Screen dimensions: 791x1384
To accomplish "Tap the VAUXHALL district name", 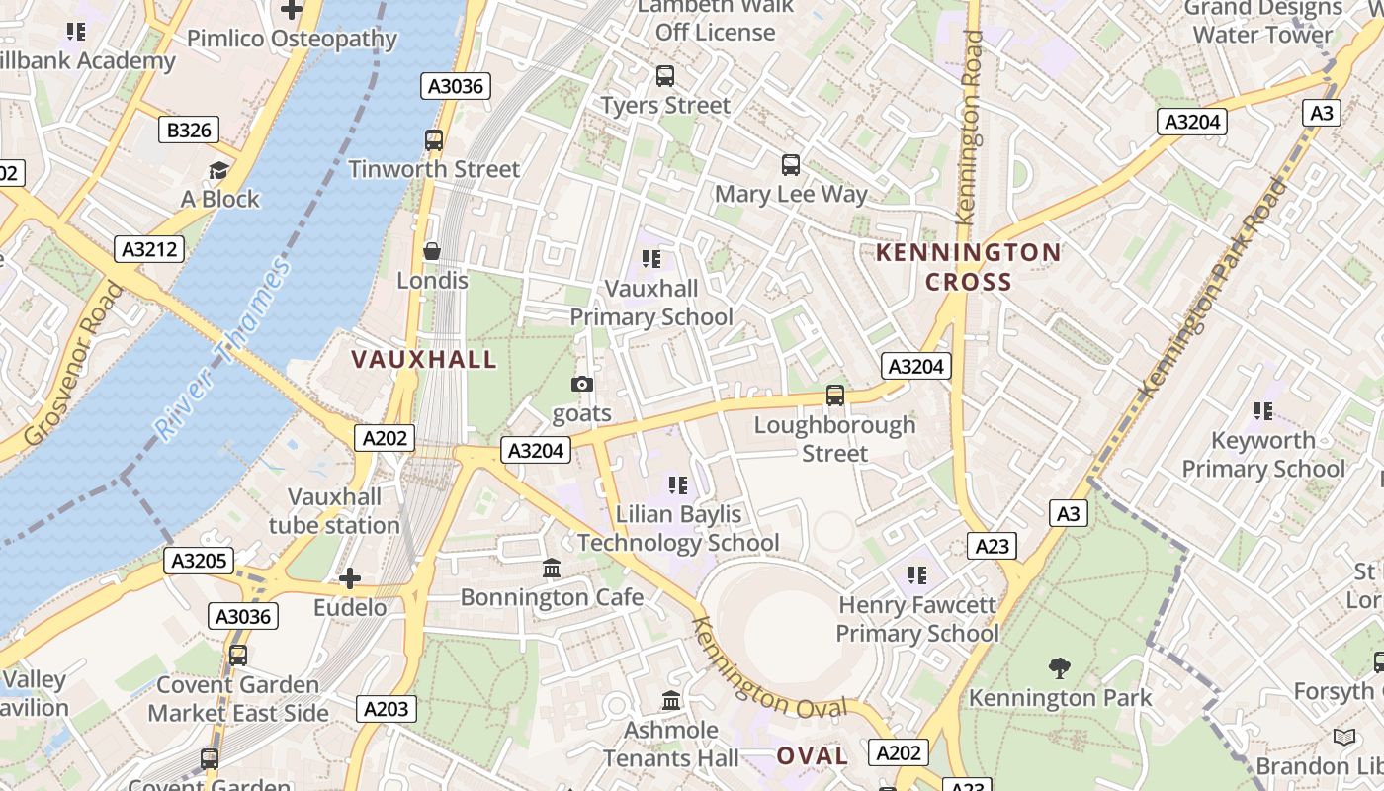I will (424, 359).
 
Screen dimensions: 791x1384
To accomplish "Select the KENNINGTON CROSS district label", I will (969, 267).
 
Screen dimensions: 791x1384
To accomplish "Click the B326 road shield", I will (188, 130).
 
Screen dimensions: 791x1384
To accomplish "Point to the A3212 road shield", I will (150, 249).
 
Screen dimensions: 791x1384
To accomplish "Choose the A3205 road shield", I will (200, 562).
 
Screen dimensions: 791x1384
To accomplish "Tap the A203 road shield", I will (386, 708).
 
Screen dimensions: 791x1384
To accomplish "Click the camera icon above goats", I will (582, 384).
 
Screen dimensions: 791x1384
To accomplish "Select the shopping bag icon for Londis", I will (432, 251).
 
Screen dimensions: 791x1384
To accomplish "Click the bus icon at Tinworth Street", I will (434, 140).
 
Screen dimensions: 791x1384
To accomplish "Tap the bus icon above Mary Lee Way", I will (791, 165).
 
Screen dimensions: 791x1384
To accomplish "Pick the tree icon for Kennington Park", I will (1060, 668).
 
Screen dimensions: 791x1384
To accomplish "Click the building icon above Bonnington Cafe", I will (552, 569).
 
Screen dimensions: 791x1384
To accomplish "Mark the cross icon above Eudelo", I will (350, 578).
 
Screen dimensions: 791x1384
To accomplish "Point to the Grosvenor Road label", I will (74, 364).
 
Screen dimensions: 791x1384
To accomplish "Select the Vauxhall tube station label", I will (334, 510).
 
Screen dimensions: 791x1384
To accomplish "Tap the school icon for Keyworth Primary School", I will (1262, 410).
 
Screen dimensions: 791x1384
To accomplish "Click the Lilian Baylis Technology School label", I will (678, 528).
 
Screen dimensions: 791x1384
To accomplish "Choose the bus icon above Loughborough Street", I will (835, 395).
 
